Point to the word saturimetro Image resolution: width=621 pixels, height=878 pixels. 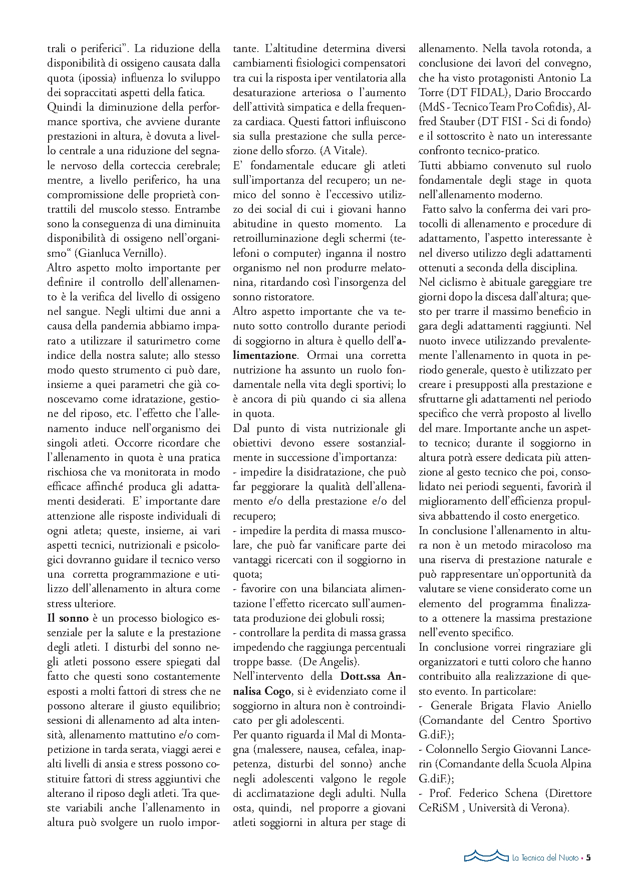[x=164, y=341]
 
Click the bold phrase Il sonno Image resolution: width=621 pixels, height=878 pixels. [x=68, y=618]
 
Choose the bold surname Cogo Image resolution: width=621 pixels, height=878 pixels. [x=278, y=691]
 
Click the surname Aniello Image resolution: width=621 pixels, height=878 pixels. [x=570, y=706]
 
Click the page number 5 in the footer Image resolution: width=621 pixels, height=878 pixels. [x=588, y=857]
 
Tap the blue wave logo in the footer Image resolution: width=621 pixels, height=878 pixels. [x=485, y=855]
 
